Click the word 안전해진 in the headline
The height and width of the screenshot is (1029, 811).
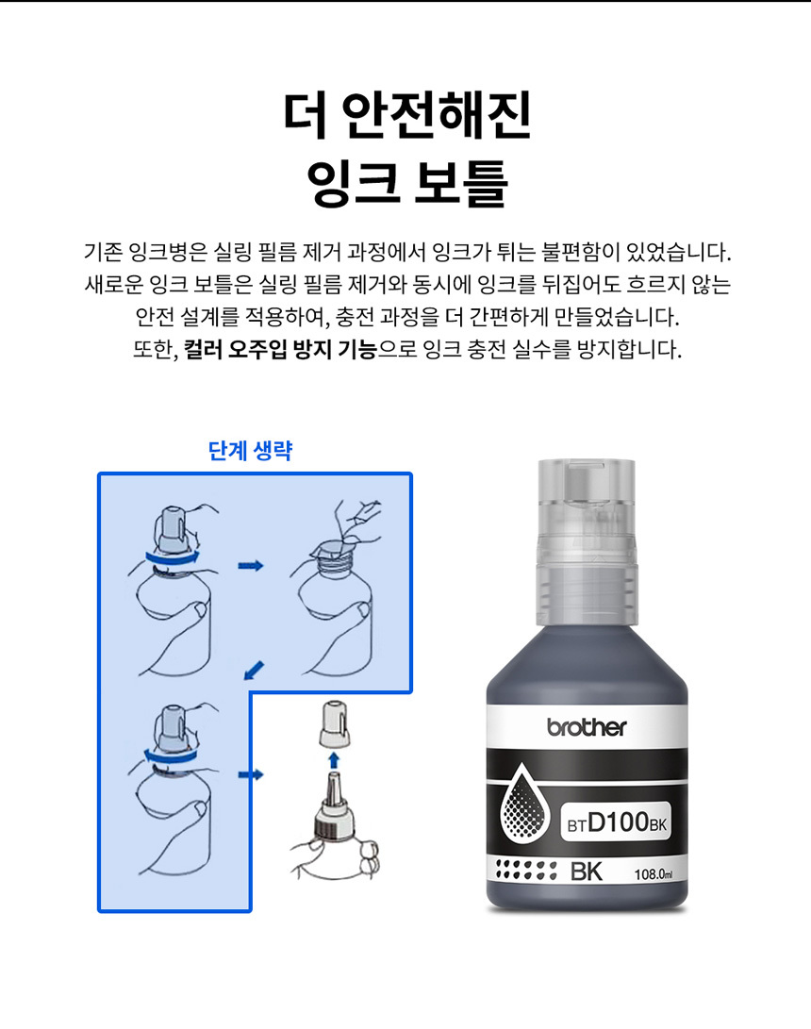coord(437,115)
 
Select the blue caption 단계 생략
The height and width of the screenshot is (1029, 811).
coord(250,451)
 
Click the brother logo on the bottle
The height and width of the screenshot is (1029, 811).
coord(587,727)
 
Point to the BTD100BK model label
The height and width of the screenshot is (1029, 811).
coord(617,822)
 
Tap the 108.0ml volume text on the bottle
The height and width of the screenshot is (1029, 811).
coord(653,874)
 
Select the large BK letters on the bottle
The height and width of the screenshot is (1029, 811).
coord(586,871)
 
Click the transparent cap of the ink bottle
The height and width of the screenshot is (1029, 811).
coord(588,541)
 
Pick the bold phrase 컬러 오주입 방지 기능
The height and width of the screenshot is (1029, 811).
coord(280,348)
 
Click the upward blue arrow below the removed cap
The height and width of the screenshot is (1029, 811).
coord(334,760)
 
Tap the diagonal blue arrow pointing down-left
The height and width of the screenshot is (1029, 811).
coord(254,670)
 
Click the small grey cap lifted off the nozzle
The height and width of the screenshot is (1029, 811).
coord(334,723)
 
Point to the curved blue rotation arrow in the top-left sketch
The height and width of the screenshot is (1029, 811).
coord(173,557)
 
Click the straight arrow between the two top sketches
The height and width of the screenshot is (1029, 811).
coord(250,565)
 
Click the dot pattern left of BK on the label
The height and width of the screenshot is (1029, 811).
coord(526,871)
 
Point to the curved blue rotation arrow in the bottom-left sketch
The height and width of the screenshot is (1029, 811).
coord(171,756)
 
